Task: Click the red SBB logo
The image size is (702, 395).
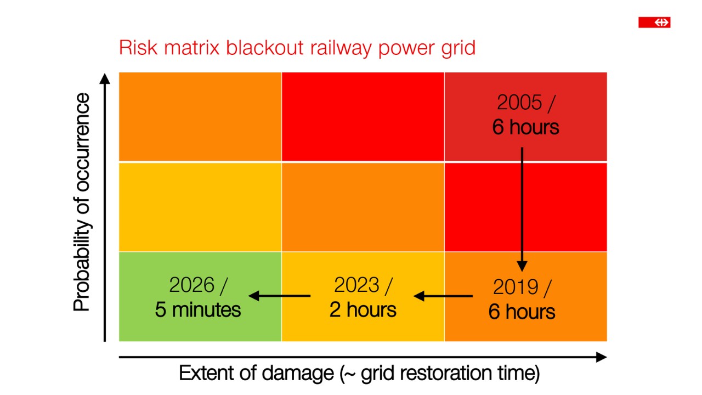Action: (x=654, y=22)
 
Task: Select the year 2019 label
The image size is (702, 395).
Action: (x=516, y=287)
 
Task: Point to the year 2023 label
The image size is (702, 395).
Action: (x=357, y=285)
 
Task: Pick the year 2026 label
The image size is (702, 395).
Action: (x=192, y=285)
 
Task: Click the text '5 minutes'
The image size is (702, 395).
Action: (x=198, y=310)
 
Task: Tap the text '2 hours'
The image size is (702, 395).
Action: (x=363, y=310)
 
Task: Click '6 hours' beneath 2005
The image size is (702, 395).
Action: (x=525, y=127)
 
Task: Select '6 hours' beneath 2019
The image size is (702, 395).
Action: (x=522, y=312)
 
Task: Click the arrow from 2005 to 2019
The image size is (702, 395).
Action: (x=522, y=208)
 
